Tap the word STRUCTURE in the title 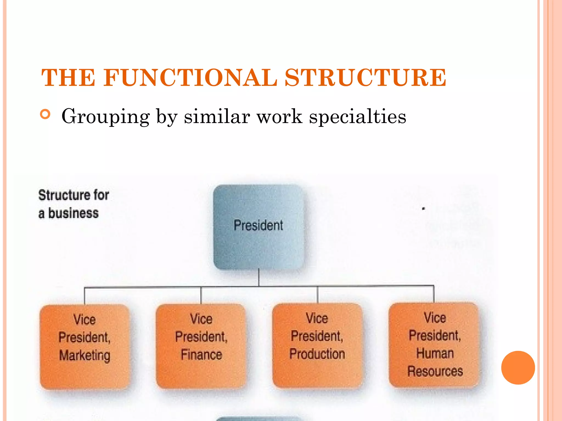(365, 78)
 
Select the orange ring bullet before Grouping (45, 114)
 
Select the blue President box (258, 227)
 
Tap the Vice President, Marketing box (85, 346)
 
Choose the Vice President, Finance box (201, 346)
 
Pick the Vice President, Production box (317, 345)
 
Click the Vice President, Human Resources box (434, 345)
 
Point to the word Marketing (85, 356)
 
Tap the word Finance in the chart (201, 355)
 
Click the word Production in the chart (317, 354)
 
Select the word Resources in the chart (435, 371)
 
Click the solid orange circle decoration (518, 368)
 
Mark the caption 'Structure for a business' (74, 204)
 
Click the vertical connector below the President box (259, 277)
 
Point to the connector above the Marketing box (85, 296)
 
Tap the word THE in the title (68, 78)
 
